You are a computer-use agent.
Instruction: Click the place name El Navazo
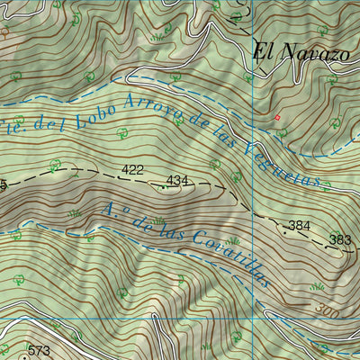[300, 53]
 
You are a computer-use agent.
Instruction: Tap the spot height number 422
[132, 169]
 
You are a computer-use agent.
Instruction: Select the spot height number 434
[178, 181]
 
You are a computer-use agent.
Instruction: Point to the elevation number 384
[299, 224]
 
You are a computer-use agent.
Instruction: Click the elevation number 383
[340, 239]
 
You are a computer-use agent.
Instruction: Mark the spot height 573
[38, 350]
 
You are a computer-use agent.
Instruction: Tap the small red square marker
[277, 117]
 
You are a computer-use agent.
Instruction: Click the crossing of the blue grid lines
[254, 319]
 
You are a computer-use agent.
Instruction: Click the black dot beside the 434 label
[162, 188]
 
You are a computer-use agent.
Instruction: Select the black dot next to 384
[284, 231]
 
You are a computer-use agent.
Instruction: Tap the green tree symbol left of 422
[56, 165]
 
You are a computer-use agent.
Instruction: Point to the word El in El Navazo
[262, 52]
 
